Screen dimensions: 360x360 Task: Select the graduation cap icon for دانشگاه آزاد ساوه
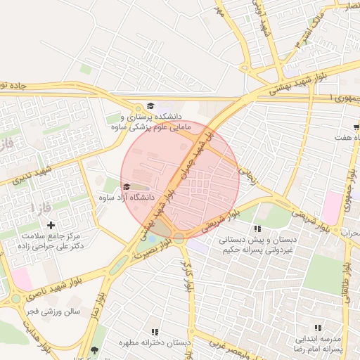coord(127,186)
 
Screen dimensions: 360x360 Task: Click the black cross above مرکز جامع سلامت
coord(49,224)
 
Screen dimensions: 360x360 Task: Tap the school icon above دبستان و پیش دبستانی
coord(257,229)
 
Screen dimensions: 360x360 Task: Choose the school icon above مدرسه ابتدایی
coord(317,328)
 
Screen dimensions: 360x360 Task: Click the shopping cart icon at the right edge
coord(356,127)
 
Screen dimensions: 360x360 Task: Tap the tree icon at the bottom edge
coord(95,349)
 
